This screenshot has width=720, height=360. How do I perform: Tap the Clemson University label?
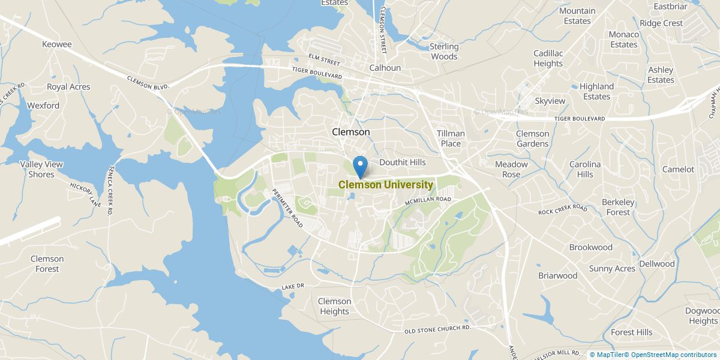(x=385, y=185)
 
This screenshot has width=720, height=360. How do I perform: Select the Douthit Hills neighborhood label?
(x=402, y=162)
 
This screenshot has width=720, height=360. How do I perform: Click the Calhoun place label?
(x=385, y=68)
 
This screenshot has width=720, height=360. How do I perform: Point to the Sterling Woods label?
(x=444, y=52)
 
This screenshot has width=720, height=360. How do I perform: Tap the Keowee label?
(x=57, y=44)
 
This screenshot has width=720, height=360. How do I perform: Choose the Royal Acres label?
(x=68, y=87)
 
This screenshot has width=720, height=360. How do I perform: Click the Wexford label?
(x=43, y=106)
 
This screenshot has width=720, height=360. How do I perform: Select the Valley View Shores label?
(x=41, y=169)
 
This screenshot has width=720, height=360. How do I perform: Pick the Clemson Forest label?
(x=47, y=264)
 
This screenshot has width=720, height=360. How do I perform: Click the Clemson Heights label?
(x=334, y=306)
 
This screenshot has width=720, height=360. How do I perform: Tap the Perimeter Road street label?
(x=287, y=207)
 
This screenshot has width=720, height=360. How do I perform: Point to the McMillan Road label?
(x=427, y=201)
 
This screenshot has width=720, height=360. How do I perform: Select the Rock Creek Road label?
(x=562, y=209)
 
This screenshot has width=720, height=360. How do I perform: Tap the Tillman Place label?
(x=451, y=139)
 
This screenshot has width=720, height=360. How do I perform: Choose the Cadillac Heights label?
(x=548, y=58)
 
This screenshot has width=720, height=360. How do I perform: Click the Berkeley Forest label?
(x=618, y=207)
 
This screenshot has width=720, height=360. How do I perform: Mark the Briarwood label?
(x=557, y=276)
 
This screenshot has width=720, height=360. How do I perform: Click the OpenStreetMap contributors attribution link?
(x=673, y=355)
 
